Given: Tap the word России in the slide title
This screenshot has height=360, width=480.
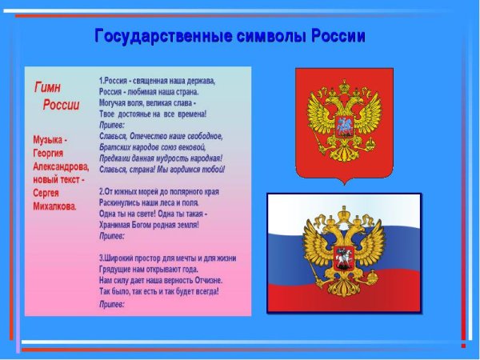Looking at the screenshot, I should [x=333, y=37].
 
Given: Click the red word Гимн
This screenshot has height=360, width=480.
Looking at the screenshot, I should [x=46, y=87].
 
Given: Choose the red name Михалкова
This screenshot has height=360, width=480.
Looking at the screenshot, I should [x=55, y=206].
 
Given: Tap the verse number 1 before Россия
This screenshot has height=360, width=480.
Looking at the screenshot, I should [x=102, y=82].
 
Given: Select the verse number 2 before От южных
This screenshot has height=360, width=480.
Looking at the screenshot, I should [x=102, y=192].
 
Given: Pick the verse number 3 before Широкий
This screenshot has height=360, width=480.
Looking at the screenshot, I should [x=102, y=258].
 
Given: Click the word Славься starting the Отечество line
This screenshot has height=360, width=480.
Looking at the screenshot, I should [x=113, y=137].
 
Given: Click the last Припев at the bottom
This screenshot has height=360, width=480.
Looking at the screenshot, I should [x=112, y=304].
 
